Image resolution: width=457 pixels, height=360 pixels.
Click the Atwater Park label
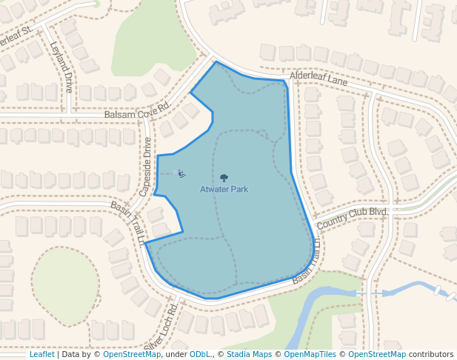[224, 190]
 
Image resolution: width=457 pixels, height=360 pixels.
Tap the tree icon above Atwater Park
[224, 178]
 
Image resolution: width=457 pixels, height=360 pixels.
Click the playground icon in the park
[180, 174]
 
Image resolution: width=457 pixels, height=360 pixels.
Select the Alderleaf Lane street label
[318, 78]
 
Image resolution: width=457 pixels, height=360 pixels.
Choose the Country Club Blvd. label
[353, 218]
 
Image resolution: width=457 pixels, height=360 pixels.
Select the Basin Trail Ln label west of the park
[127, 222]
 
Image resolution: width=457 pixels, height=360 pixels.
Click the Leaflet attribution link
[41, 354]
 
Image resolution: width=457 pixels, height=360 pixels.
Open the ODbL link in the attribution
[200, 354]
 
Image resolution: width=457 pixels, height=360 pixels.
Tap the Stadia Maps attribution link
[249, 354]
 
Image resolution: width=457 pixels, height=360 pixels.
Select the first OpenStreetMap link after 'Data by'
[132, 354]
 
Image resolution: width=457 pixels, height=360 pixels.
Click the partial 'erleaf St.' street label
[16, 35]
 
